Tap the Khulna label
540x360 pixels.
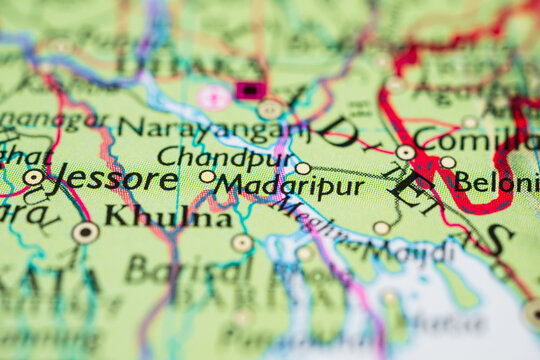(168, 216)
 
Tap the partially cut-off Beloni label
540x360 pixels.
(496, 182)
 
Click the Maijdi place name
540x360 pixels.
(410, 250)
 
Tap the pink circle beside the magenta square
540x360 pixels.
(212, 97)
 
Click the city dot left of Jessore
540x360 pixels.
(33, 177)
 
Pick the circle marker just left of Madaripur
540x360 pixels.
(207, 176)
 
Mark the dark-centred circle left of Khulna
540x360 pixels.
(86, 232)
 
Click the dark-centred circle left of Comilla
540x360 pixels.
(405, 153)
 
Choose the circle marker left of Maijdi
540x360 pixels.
(381, 228)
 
